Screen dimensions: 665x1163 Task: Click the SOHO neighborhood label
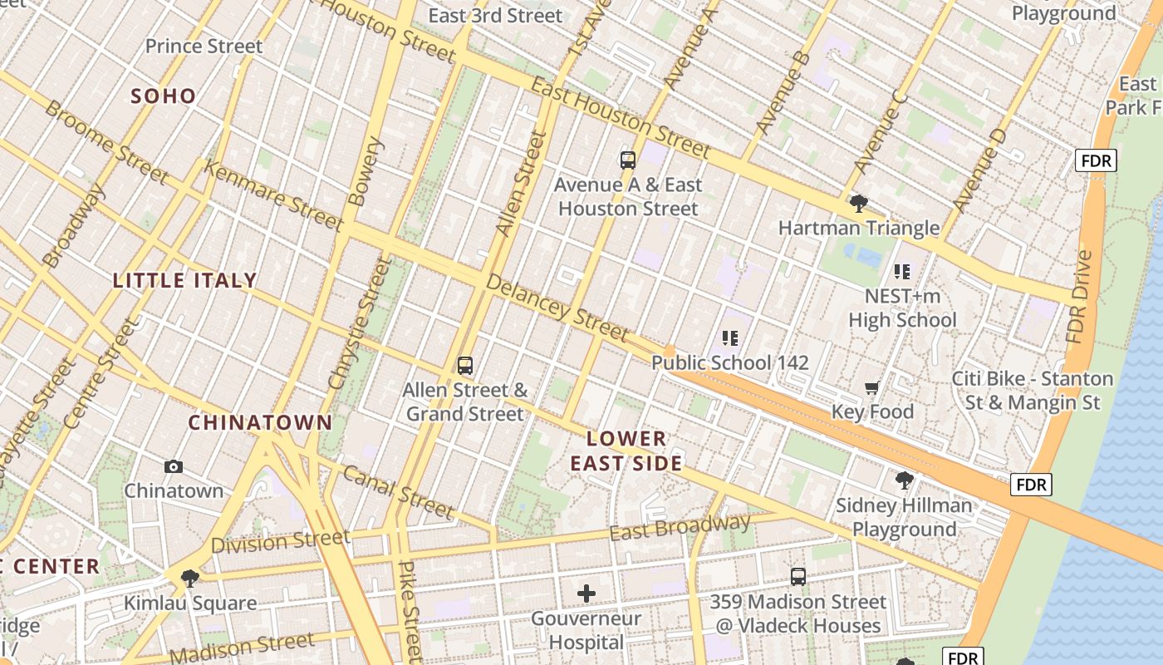pos(164,96)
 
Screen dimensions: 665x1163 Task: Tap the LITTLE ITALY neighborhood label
pos(184,281)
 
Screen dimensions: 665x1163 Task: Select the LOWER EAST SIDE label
pos(626,451)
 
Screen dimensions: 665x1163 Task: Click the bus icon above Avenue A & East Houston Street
pos(628,160)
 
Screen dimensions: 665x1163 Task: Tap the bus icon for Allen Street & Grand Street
pos(465,366)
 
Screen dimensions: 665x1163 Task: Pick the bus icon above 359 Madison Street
pos(798,577)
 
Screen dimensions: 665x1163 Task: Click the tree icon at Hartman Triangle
pos(859,204)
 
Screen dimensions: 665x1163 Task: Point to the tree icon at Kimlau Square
pos(190,579)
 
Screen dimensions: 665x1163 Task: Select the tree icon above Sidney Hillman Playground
pos(904,480)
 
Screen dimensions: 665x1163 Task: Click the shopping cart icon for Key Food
pos(872,388)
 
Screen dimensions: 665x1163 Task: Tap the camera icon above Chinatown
pos(174,467)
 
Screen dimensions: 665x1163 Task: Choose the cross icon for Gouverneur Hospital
pos(586,594)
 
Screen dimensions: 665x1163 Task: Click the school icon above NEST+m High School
pos(902,272)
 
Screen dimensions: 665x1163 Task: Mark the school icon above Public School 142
pos(730,338)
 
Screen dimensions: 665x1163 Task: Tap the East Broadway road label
pos(680,527)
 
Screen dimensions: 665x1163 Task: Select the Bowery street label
pos(366,171)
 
